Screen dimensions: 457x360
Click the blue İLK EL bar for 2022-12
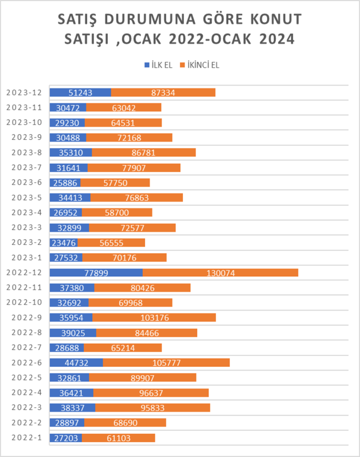click(96, 273)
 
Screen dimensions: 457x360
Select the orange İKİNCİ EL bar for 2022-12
click(220, 273)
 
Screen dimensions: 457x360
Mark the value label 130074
click(221, 273)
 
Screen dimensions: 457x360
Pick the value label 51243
click(81, 92)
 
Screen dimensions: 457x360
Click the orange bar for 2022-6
click(166, 362)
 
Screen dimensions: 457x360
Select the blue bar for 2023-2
click(63, 242)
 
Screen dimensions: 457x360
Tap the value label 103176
click(154, 317)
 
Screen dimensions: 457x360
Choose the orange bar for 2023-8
click(144, 153)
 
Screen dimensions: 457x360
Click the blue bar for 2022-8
click(73, 332)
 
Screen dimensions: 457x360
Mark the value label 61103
click(118, 438)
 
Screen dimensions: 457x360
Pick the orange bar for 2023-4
click(117, 212)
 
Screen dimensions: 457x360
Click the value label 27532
click(66, 258)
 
